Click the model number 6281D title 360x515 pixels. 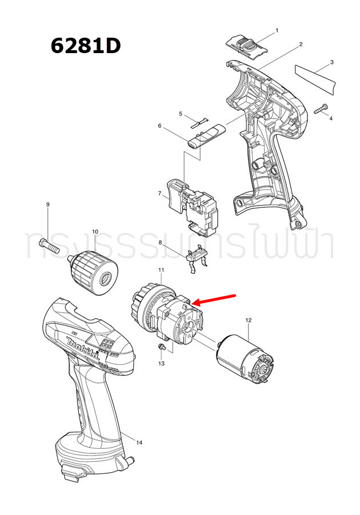[86, 45]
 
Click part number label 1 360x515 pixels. [277, 30]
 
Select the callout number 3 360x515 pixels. [332, 62]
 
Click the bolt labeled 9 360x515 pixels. [50, 245]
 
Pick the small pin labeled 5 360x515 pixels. [199, 122]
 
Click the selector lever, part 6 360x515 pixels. [207, 135]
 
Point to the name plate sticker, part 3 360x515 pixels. [315, 78]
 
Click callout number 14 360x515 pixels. [139, 441]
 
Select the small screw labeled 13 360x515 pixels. [162, 346]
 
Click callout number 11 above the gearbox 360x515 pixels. [161, 269]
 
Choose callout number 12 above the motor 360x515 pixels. [248, 320]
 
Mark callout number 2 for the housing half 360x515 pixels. [301, 45]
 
